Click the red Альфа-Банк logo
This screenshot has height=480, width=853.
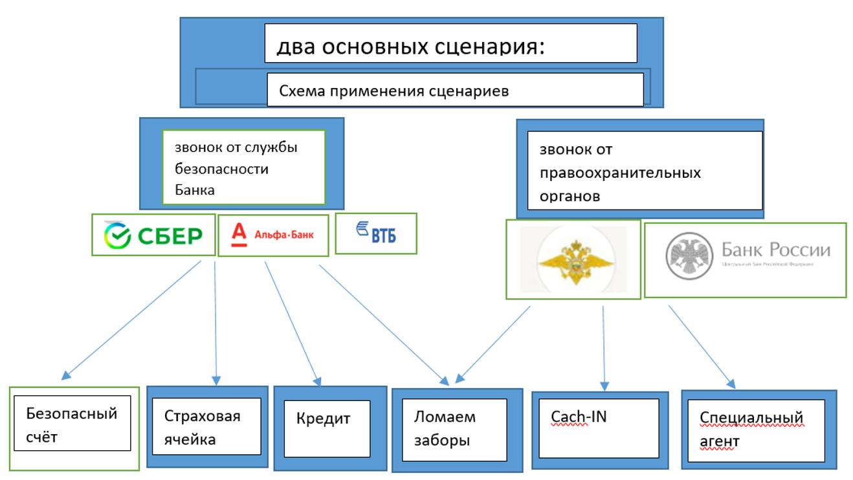click(272, 235)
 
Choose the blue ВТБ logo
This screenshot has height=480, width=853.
click(376, 234)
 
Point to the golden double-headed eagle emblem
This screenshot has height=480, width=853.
click(573, 259)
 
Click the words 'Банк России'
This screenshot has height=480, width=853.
click(775, 250)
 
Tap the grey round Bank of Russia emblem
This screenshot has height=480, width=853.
click(685, 257)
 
